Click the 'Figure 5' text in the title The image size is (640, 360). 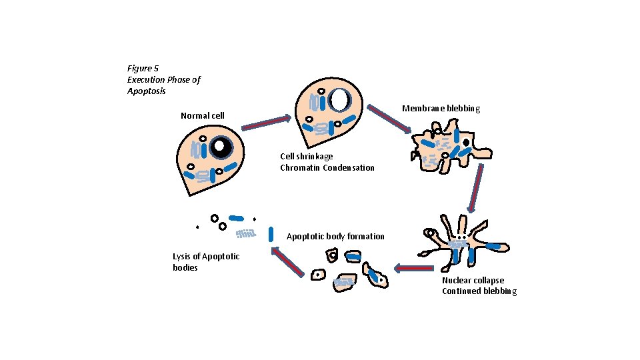tap(143, 68)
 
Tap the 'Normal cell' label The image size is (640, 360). tap(203, 116)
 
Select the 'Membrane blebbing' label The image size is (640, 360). tap(441, 109)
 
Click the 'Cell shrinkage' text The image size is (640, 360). tap(307, 157)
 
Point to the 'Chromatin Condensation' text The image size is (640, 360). tap(327, 167)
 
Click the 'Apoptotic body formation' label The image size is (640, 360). tap(335, 237)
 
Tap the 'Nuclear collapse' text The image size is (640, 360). tap(473, 281)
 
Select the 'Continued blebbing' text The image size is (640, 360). tap(479, 291)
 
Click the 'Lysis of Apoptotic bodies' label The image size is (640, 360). tap(205, 262)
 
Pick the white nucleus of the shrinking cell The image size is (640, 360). tap(340, 100)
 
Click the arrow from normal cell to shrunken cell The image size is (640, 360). tap(266, 123)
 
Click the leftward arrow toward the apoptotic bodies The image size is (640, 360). tap(415, 269)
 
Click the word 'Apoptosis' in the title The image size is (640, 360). tap(147, 91)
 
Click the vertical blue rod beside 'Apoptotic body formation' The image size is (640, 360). tap(271, 234)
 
